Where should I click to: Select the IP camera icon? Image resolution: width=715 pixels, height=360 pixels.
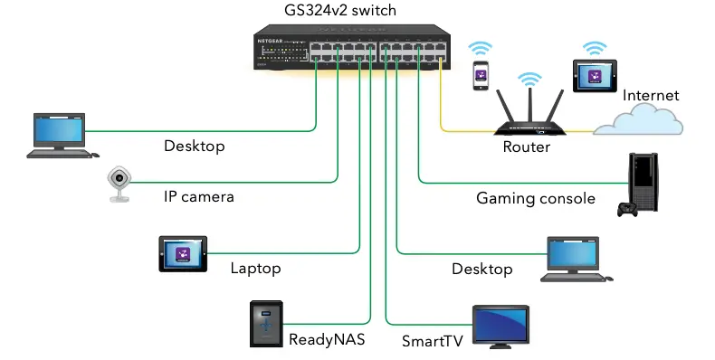click(x=119, y=185)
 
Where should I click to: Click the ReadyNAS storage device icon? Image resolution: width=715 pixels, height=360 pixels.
click(x=267, y=324)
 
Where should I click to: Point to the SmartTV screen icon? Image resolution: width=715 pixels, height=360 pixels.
click(x=502, y=327)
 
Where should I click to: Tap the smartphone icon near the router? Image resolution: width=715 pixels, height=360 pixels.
click(x=476, y=77)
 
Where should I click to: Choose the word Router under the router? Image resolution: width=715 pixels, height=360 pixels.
click(x=526, y=147)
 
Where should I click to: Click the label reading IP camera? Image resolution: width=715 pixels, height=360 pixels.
click(x=198, y=196)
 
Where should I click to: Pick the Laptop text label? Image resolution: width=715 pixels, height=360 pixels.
click(x=255, y=268)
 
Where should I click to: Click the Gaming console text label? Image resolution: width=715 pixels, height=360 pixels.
click(x=536, y=198)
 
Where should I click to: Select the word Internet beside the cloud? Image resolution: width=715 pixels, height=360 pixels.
click(x=651, y=95)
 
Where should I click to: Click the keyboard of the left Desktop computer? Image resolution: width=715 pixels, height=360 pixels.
click(x=58, y=154)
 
